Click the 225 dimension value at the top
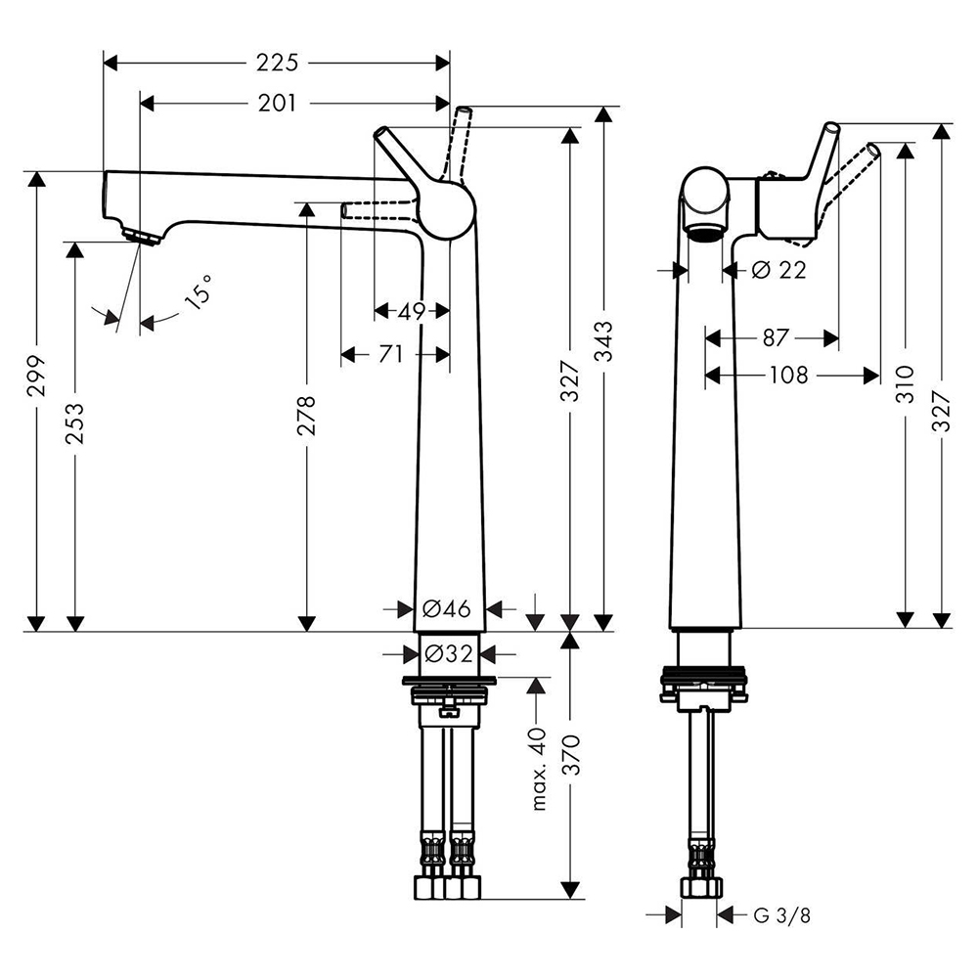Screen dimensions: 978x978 click(x=277, y=63)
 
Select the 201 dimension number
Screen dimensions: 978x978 click(x=277, y=103)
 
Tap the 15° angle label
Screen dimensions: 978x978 click(x=199, y=291)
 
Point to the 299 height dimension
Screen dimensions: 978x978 click(x=37, y=376)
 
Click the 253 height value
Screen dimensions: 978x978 click(x=74, y=423)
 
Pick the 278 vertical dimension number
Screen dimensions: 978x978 click(x=306, y=415)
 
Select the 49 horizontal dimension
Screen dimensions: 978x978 click(x=411, y=311)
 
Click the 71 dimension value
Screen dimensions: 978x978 click(x=390, y=354)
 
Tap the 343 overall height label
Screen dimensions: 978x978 click(x=603, y=341)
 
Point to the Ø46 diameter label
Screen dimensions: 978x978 click(x=447, y=608)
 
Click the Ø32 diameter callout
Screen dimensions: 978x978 click(x=449, y=653)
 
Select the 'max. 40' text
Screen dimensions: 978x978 click(x=539, y=769)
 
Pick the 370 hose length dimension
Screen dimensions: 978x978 click(x=571, y=755)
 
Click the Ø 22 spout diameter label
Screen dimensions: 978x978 click(x=779, y=270)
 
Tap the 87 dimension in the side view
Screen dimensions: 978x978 click(x=776, y=338)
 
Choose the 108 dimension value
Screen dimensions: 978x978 click(x=789, y=376)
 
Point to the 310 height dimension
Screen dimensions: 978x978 click(x=905, y=384)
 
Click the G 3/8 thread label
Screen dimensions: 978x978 click(x=782, y=915)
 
